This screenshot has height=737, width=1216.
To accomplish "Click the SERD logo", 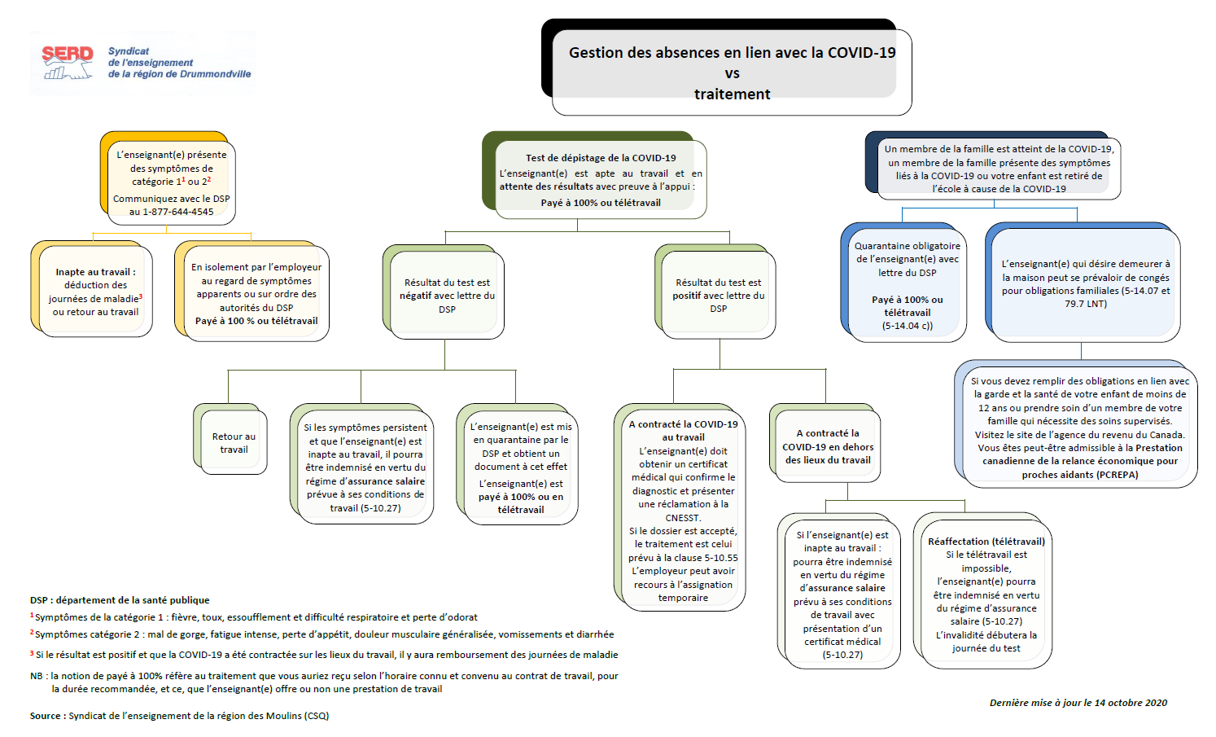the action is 142,63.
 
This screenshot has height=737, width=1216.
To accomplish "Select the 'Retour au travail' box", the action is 230,439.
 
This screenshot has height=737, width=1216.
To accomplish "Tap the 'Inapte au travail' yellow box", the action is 92,289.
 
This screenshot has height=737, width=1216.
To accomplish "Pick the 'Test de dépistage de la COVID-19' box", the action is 594,175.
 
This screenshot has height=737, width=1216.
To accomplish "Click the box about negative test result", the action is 444,292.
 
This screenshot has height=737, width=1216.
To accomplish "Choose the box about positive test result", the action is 715,292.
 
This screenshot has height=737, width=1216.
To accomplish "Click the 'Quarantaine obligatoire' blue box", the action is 903,283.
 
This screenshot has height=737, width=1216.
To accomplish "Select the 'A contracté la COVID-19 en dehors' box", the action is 825,443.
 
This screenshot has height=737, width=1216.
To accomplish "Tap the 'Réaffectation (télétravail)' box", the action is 983,591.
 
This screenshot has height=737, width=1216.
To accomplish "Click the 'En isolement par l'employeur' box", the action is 252,291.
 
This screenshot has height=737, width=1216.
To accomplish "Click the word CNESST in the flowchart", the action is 683,518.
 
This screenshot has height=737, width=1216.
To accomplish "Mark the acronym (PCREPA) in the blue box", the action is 1118,475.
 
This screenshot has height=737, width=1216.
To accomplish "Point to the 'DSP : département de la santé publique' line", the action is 120,600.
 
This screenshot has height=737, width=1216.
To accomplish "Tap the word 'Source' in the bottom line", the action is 45,716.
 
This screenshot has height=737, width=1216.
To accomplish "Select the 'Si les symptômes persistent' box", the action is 361,464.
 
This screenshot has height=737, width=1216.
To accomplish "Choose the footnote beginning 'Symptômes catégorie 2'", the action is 322,634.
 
